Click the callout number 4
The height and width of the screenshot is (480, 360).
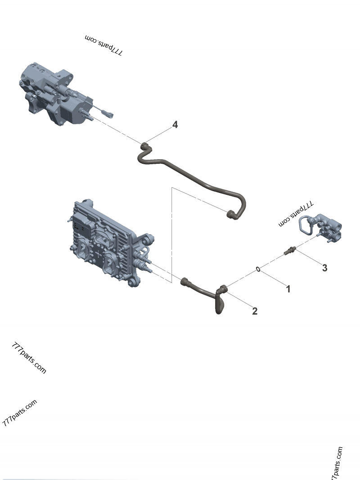coord(175,125)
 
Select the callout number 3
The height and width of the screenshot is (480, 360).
coord(324,268)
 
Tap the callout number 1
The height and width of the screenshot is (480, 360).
coord(288,289)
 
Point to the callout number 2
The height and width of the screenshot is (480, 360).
coord(255,311)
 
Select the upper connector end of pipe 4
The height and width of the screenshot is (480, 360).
coord(144,146)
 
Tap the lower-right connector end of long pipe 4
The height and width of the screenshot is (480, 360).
coord(232,215)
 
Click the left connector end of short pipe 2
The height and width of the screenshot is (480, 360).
coord(184,283)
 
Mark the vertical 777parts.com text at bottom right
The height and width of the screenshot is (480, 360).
coord(337,463)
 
